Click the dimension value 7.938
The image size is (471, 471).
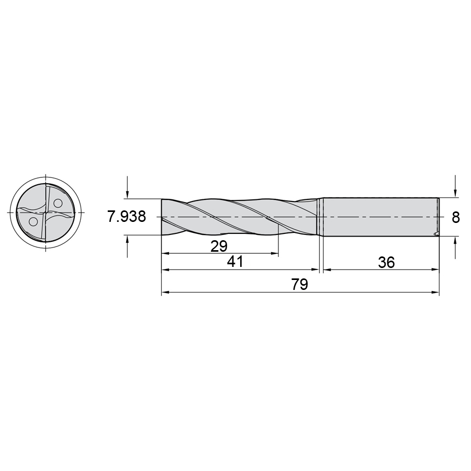[x=127, y=217]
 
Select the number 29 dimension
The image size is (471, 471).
[x=219, y=246]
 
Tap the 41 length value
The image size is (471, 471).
[x=235, y=262]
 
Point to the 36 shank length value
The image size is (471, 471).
[x=386, y=263]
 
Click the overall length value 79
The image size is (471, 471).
[x=300, y=284]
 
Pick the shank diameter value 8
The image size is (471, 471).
[x=456, y=217]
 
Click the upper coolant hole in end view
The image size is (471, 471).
[x=58, y=204]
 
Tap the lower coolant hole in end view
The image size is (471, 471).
[x=33, y=222]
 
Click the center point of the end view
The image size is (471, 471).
[x=46, y=212]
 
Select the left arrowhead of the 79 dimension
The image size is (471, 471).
[x=166, y=292]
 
